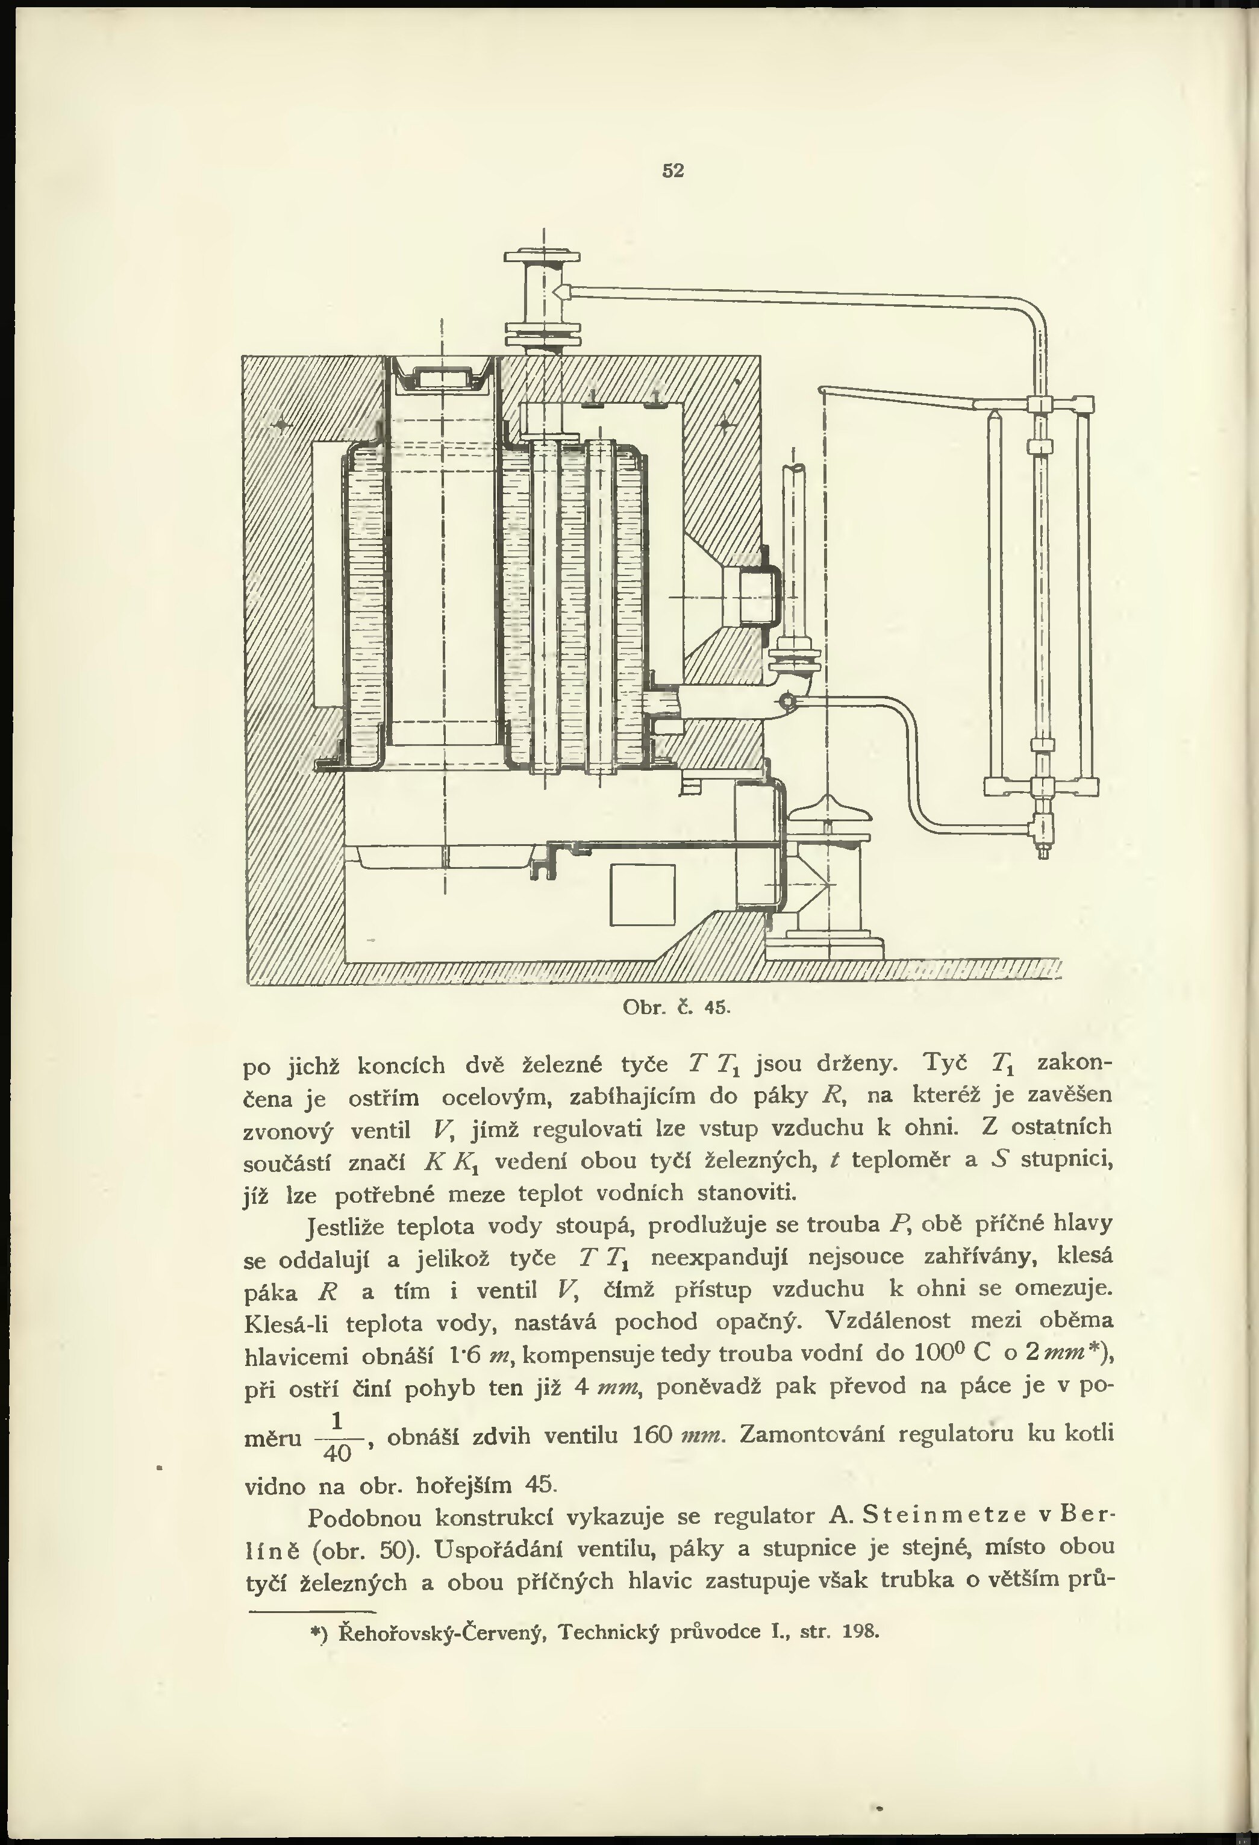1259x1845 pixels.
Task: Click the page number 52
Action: point(672,170)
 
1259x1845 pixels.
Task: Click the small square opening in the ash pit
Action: point(642,894)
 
